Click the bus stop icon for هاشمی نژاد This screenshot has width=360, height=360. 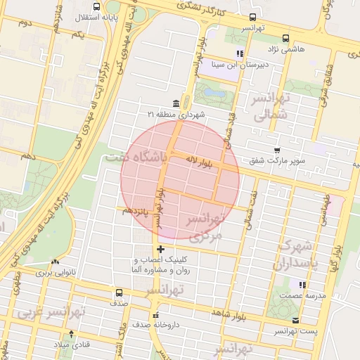285,39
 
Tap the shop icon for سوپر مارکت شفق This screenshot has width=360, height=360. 278,150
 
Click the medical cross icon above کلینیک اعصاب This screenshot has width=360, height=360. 161,249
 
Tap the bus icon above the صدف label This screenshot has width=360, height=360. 119,292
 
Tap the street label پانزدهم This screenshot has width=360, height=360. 135,210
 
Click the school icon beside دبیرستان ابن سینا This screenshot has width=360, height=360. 240,53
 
